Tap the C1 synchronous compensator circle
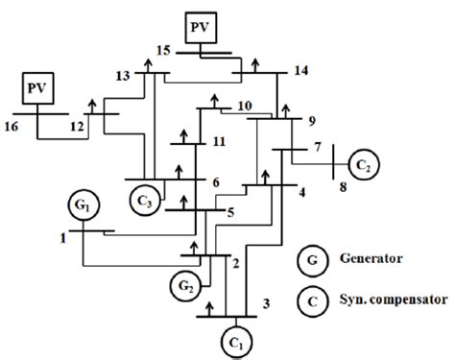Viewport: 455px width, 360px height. pos(235,339)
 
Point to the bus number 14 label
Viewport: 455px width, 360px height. pos(302,71)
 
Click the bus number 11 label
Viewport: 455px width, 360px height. pos(219,140)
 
